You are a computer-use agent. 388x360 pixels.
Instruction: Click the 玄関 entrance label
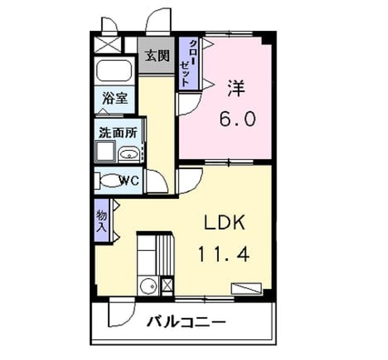[157, 55]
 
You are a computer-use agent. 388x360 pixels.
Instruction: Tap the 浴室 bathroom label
[115, 98]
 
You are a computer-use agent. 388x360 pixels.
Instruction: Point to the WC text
[129, 181]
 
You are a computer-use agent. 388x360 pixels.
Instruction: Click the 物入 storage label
[101, 221]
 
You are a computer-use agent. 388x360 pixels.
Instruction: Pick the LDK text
[224, 222]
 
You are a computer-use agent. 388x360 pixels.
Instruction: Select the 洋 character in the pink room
[236, 88]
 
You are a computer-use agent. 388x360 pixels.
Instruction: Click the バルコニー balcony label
[186, 322]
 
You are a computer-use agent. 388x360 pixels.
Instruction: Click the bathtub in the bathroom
[114, 70]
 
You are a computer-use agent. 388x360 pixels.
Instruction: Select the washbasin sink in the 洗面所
[129, 155]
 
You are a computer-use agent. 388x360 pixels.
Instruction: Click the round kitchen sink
[149, 286]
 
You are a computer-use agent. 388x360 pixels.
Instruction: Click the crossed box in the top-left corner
[108, 44]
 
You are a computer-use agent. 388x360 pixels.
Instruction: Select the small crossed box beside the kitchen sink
[167, 286]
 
